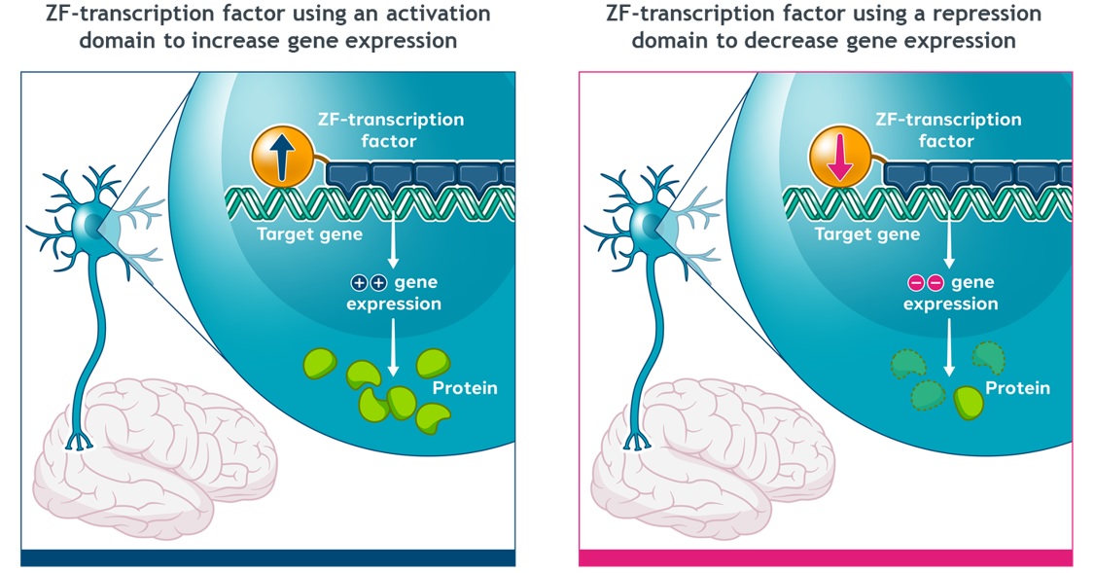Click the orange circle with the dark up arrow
[280, 157]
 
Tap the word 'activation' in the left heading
[426, 14]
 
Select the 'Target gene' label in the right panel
[867, 234]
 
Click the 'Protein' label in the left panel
[465, 388]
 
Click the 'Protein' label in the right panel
[1017, 388]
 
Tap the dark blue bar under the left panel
[267, 557]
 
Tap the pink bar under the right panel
[826, 557]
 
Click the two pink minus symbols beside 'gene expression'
[925, 283]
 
